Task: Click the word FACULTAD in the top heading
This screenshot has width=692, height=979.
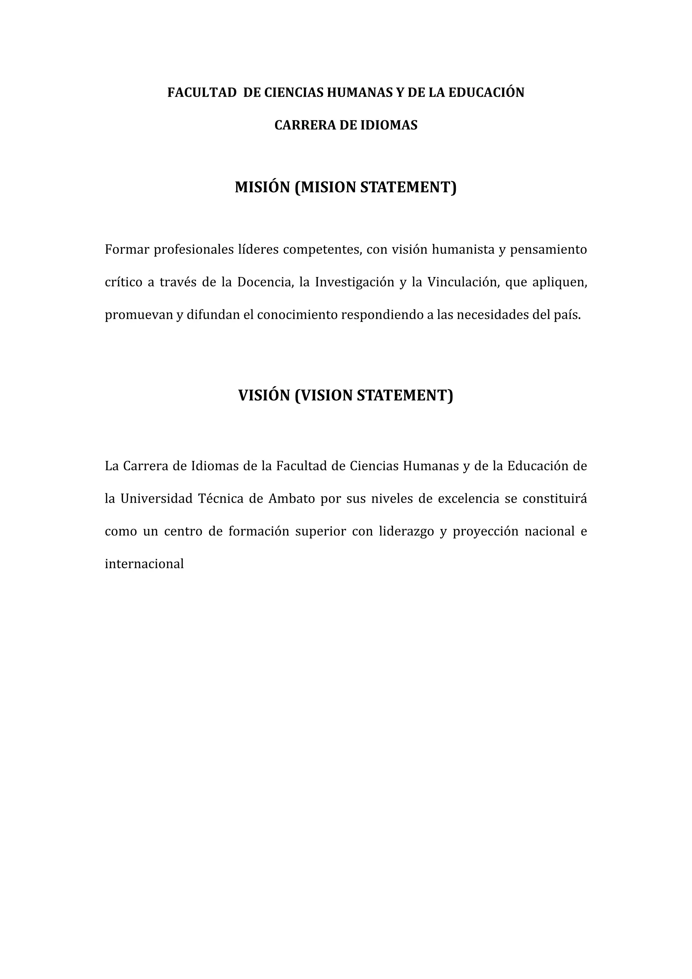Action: coord(202,93)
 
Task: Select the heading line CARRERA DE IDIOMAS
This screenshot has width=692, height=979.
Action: coord(346,125)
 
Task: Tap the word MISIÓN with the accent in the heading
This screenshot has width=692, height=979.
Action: coord(262,187)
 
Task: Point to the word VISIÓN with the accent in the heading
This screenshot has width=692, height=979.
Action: coord(264,395)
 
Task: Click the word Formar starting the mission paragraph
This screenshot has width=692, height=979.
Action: coord(126,249)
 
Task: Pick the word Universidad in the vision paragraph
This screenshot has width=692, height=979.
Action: coord(156,499)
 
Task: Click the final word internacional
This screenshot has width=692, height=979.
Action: coord(144,564)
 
